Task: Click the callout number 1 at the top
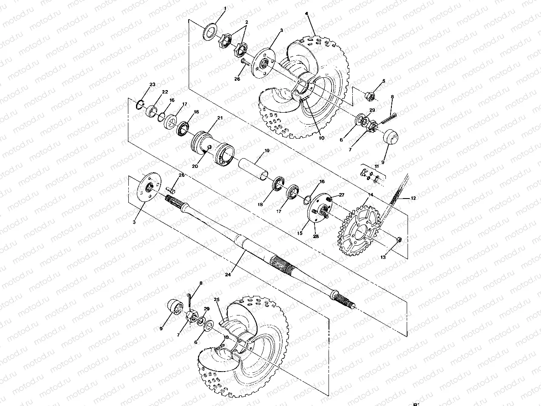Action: (x=225, y=8)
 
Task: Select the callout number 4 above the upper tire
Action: (x=307, y=13)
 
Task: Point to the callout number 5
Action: (x=384, y=81)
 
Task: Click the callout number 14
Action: (x=371, y=194)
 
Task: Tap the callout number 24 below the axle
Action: (x=228, y=275)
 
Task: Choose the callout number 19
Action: (x=267, y=150)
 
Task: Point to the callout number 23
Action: (x=152, y=85)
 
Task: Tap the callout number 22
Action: (x=165, y=92)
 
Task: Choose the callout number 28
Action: (x=316, y=236)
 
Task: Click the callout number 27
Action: (x=341, y=194)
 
